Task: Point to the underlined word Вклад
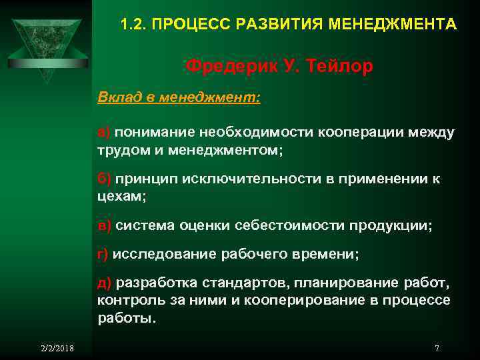click(x=117, y=98)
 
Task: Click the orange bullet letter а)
click(x=104, y=133)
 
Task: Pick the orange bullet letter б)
click(x=105, y=179)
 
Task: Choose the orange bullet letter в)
click(x=105, y=226)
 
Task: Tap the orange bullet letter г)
click(x=103, y=254)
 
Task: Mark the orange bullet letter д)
click(x=105, y=283)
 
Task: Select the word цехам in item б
click(x=119, y=197)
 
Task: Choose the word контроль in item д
click(x=125, y=301)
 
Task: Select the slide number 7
click(x=437, y=348)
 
